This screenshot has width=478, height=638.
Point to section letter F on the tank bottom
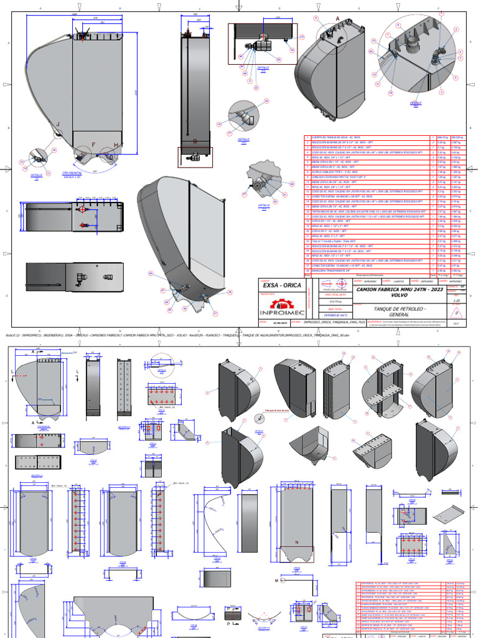94,145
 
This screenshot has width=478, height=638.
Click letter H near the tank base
116,145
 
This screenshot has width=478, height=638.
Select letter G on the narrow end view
195,141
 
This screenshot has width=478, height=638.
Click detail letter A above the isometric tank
338,19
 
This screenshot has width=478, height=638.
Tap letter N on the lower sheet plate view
296,543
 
